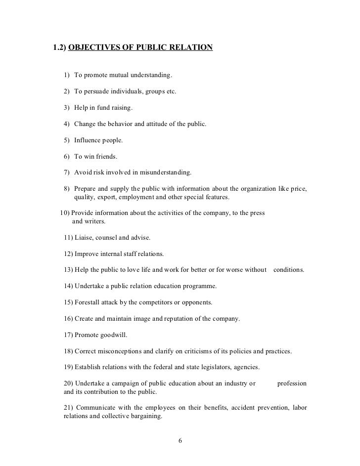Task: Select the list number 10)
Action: tap(65, 213)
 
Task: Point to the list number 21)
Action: tap(70, 408)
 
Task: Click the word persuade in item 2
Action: tap(98, 91)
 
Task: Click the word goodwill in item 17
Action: tap(114, 335)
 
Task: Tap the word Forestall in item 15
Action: tap(90, 302)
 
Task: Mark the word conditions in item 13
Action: tap(289, 270)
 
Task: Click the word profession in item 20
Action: tap(292, 383)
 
